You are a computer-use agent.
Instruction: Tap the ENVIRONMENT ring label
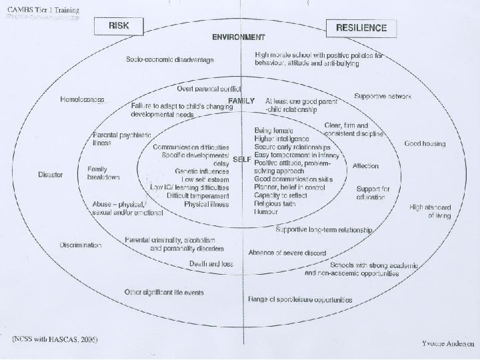pos(238,37)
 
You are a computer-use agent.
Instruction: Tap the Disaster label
pos(50,175)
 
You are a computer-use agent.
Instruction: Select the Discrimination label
pos(80,245)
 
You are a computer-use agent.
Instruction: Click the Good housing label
pos(425,143)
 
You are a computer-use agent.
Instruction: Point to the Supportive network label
pos(382,96)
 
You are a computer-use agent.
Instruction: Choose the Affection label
pos(365,165)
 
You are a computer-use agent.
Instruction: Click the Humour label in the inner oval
pos(266,211)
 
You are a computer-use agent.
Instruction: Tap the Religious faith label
pos(275,203)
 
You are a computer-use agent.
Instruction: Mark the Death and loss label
pos(210,264)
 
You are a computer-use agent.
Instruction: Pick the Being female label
pos(274,131)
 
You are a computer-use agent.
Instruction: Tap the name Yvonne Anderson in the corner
pos(447,344)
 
